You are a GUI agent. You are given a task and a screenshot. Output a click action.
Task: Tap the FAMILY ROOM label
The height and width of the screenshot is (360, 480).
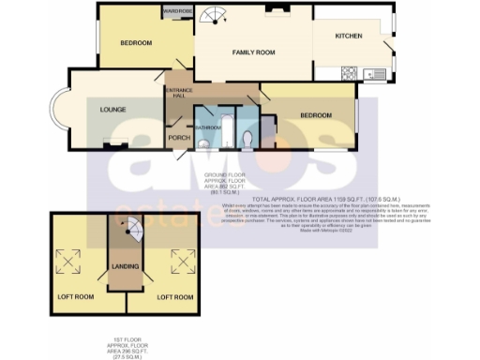point(253,53)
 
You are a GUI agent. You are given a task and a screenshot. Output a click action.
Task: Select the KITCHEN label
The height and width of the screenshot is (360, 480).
point(349,37)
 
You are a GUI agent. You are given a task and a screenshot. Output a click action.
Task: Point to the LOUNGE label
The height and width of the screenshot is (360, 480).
point(112,109)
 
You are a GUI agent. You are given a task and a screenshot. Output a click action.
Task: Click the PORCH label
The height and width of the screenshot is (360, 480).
point(179,138)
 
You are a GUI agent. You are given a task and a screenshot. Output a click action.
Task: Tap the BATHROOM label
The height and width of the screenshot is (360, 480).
point(207,126)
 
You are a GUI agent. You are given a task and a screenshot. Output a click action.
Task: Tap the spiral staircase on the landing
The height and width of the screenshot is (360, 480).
point(130,226)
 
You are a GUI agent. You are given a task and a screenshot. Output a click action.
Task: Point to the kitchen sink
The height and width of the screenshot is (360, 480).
point(377,73)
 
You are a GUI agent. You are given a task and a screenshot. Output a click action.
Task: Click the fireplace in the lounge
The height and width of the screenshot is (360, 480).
point(114,145)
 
